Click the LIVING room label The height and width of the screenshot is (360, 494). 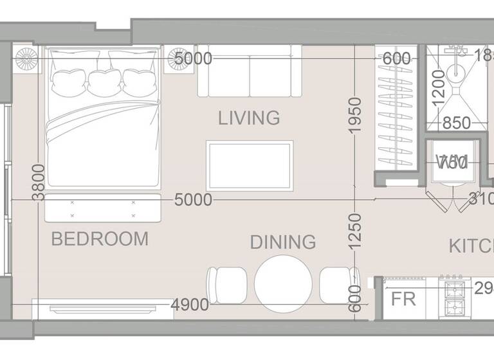[x=249, y=118]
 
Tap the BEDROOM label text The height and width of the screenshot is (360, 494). [x=100, y=239]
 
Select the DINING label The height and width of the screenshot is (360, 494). [x=283, y=242]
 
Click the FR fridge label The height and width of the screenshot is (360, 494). [x=404, y=300]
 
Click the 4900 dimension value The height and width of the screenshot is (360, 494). [x=190, y=305]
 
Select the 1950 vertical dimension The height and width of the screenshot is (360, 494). [x=352, y=116]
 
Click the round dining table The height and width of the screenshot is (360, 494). [x=283, y=283]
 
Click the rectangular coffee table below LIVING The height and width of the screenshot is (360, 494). [x=250, y=166]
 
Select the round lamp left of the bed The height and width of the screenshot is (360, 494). [x=27, y=59]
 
